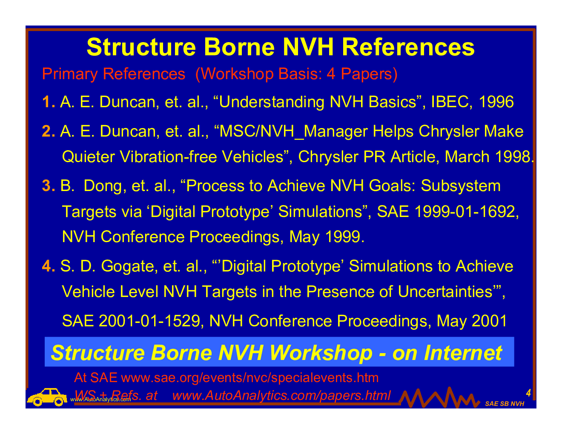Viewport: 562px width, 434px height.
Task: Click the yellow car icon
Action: tap(47, 397)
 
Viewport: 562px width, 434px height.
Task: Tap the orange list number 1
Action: tap(49, 102)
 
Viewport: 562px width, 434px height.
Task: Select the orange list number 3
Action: tap(49, 186)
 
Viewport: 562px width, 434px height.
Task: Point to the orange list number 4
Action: tap(49, 266)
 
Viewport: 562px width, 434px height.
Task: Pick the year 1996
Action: tap(496, 102)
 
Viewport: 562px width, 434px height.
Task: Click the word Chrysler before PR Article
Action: tap(328, 157)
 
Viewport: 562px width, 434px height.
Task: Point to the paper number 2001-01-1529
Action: tap(149, 321)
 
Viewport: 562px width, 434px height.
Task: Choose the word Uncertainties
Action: tap(445, 291)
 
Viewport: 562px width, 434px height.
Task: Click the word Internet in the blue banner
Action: tap(463, 353)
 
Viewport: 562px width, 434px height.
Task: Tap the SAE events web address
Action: tap(249, 378)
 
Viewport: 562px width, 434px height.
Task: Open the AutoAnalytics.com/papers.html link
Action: tap(281, 395)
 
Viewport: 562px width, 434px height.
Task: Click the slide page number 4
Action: tap(528, 393)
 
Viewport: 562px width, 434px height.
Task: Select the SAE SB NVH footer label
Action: tap(505, 404)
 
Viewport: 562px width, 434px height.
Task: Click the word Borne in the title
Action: tap(239, 47)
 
